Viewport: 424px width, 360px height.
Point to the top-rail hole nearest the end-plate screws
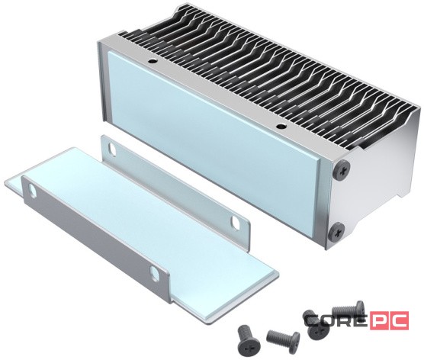(279, 126)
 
